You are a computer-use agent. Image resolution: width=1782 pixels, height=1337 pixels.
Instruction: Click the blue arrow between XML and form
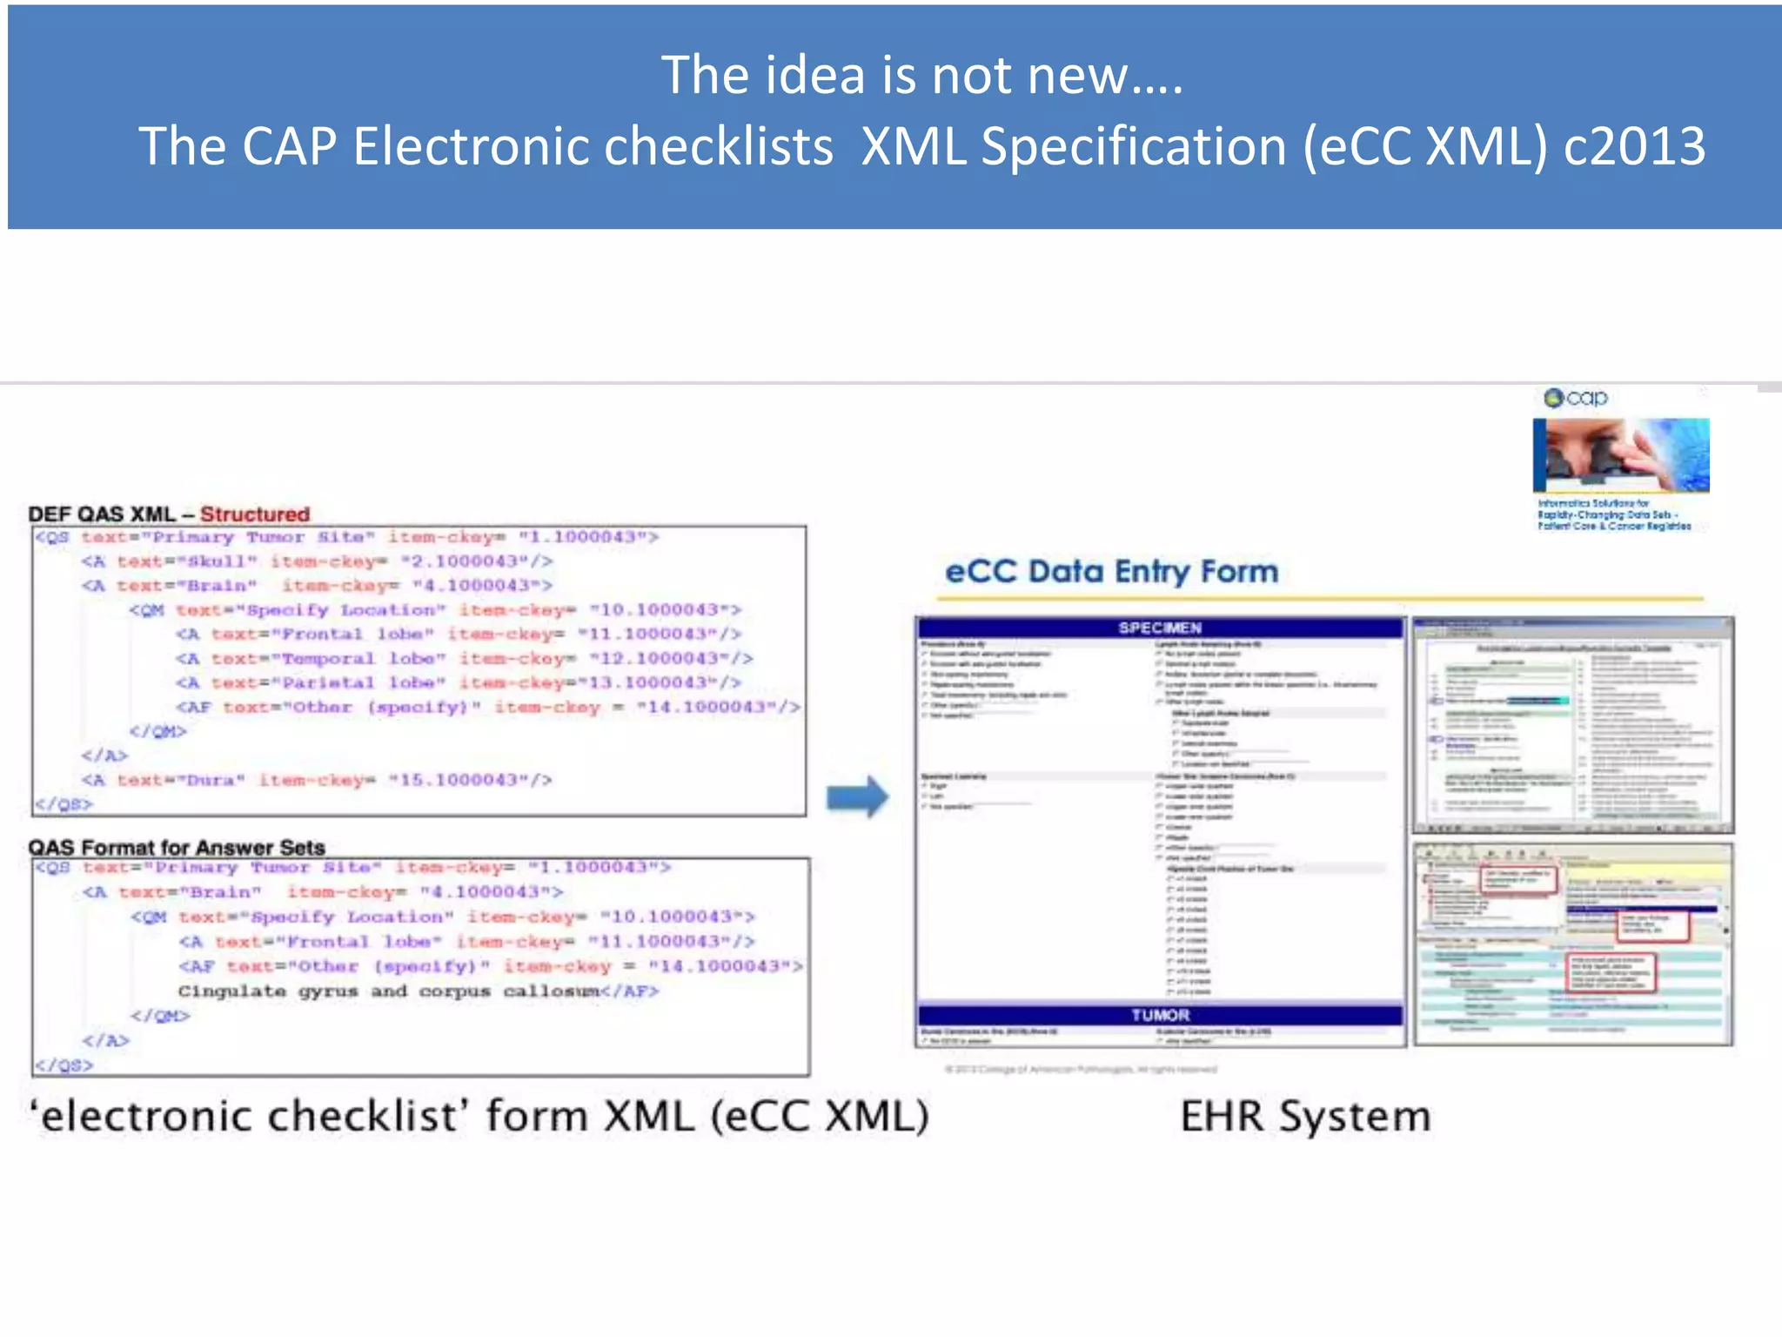click(x=857, y=796)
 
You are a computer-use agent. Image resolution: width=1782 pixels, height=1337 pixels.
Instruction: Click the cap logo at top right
click(x=1576, y=398)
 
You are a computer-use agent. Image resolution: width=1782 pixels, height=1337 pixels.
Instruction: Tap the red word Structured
click(x=255, y=514)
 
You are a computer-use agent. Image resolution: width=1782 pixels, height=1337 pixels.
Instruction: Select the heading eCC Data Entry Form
click(x=1111, y=572)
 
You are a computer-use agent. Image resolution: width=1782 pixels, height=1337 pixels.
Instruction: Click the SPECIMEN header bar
click(x=1160, y=628)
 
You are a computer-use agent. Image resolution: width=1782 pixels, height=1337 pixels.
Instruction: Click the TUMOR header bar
click(x=1160, y=1015)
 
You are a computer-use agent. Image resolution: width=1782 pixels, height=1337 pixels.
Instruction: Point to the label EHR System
click(x=1305, y=1116)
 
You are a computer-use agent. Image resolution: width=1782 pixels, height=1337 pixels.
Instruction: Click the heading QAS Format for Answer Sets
click(x=177, y=847)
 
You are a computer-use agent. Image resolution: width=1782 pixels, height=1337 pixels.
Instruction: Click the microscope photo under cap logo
click(x=1620, y=454)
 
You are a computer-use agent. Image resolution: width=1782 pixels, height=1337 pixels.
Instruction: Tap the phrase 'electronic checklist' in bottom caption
click(x=250, y=1116)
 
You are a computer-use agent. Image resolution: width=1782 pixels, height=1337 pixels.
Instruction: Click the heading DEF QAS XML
click(x=102, y=514)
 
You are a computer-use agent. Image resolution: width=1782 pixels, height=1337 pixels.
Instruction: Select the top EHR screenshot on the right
click(x=1572, y=724)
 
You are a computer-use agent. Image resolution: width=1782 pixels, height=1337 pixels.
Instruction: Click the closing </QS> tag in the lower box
click(x=64, y=1065)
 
